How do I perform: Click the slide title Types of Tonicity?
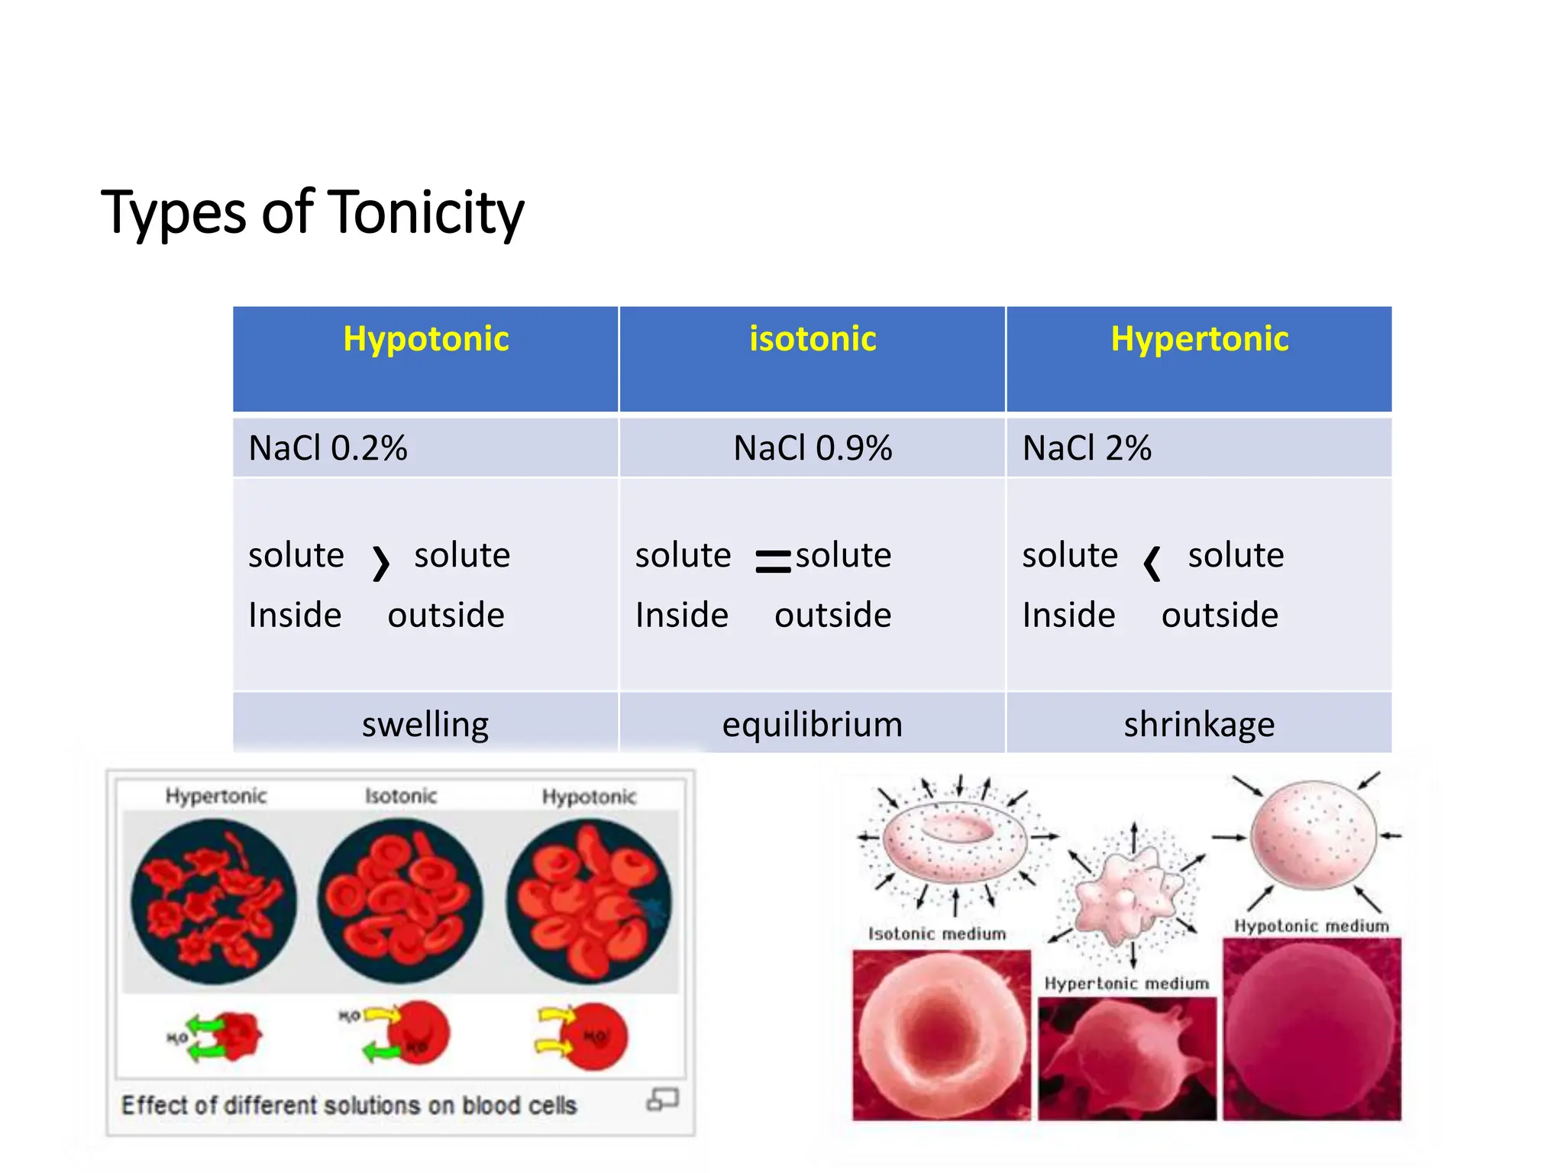coord(312,212)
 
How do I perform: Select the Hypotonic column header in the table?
coord(425,339)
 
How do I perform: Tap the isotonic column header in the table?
coord(813,339)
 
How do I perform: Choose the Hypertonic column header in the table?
coord(1199,339)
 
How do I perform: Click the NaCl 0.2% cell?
coord(328,448)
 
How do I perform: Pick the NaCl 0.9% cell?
coord(813,448)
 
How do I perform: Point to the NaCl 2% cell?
coord(1087,448)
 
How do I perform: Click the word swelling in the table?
coord(425,724)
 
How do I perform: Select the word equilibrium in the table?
coord(813,724)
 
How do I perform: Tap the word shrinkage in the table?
coord(1199,724)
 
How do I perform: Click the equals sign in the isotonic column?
coord(773,561)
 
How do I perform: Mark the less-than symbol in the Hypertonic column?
coord(1152,564)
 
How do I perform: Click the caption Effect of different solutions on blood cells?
coord(349,1105)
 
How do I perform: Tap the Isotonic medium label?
coord(937,933)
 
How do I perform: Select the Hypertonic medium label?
coord(1126,984)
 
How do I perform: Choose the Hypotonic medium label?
coord(1311,926)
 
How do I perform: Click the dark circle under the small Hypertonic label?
coord(213,901)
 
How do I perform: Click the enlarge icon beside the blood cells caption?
coord(662,1100)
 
